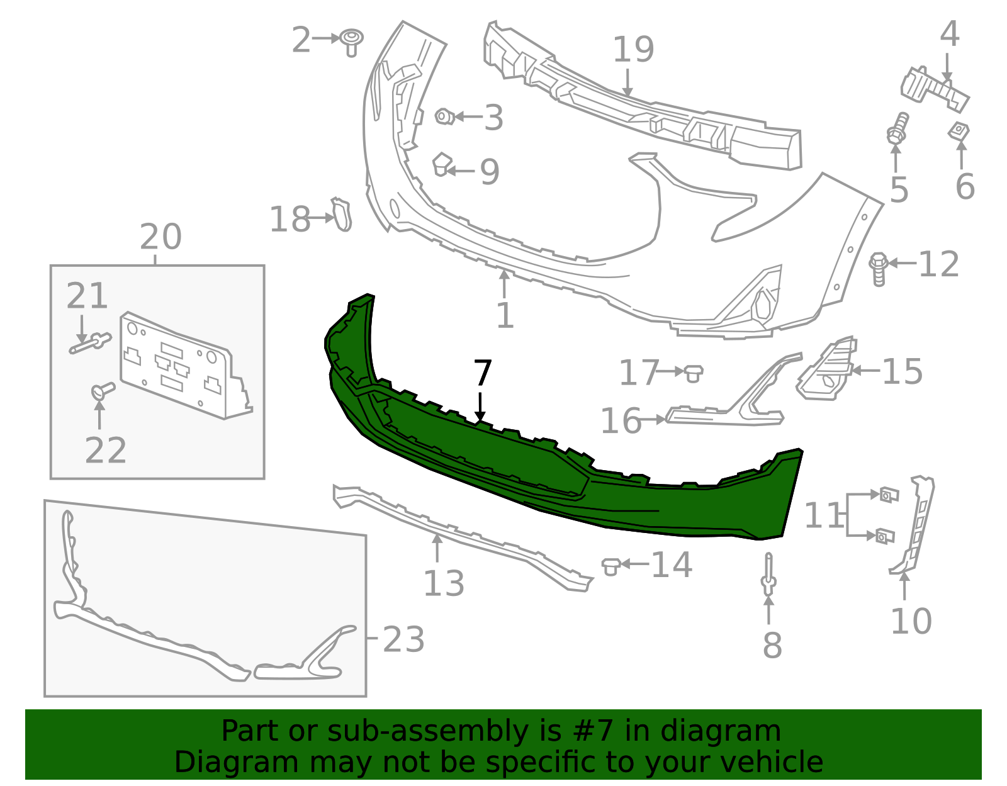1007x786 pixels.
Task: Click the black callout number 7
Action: click(x=482, y=374)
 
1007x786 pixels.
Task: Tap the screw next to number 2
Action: click(x=352, y=42)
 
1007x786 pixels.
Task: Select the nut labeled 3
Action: click(x=444, y=116)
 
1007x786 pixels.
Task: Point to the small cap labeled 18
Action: click(x=342, y=215)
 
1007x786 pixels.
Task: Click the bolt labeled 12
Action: click(x=879, y=268)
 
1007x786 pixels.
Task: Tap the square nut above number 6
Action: click(x=959, y=132)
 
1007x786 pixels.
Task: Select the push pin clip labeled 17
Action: click(x=693, y=373)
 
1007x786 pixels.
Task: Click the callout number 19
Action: click(x=633, y=50)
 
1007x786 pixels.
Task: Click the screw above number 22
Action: click(x=102, y=390)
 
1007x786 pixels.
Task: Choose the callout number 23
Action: click(x=403, y=640)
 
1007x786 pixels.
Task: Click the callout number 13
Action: click(x=443, y=583)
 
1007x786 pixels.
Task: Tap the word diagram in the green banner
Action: click(x=734, y=732)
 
